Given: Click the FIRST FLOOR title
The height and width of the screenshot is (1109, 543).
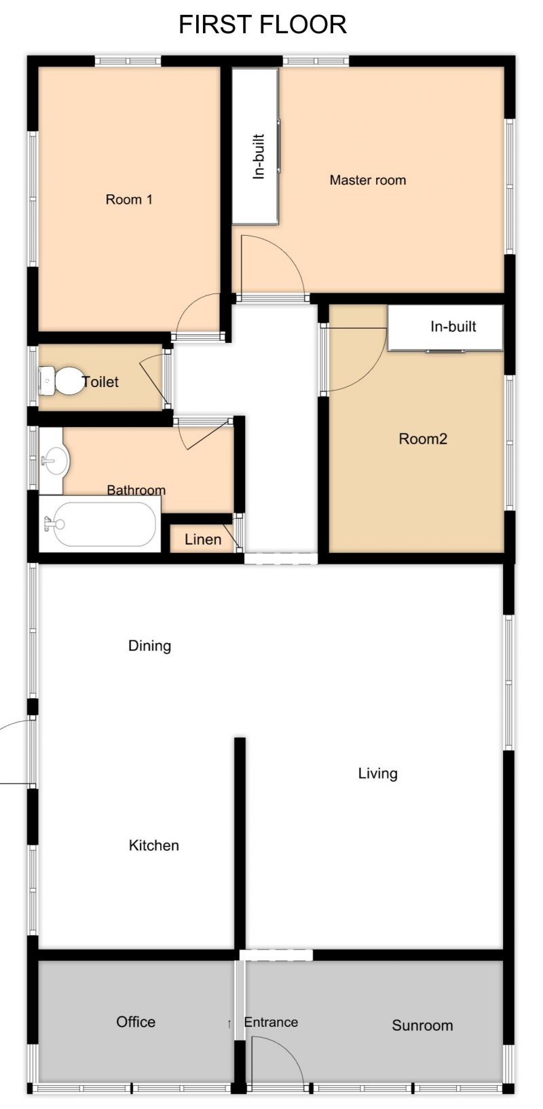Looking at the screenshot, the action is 263,24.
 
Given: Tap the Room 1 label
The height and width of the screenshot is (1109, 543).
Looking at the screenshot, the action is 129,200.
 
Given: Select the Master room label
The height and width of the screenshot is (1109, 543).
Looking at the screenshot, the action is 368,180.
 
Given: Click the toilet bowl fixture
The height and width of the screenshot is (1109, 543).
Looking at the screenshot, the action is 61,381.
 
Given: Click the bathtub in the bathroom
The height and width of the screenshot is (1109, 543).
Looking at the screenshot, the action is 100,524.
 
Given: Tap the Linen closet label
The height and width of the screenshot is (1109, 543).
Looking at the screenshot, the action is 203,539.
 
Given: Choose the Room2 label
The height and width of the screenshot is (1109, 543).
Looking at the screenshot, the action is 423,439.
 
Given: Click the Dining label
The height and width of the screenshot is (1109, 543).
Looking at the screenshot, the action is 149,646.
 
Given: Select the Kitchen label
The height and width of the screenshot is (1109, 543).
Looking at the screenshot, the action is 154,845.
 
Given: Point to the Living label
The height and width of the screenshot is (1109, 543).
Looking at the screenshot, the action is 377,774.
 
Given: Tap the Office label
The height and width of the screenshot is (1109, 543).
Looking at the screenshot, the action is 136,1021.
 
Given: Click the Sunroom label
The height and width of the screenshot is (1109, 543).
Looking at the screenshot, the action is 422,1025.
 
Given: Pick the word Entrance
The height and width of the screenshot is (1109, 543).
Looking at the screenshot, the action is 271,1022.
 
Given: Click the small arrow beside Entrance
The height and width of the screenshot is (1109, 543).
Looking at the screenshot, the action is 229,1023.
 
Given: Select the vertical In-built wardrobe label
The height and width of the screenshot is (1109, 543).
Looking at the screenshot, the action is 259,156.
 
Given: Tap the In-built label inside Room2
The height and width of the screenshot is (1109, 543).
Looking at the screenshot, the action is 453,326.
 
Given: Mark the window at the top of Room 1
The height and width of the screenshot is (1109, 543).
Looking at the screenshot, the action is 128,61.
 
